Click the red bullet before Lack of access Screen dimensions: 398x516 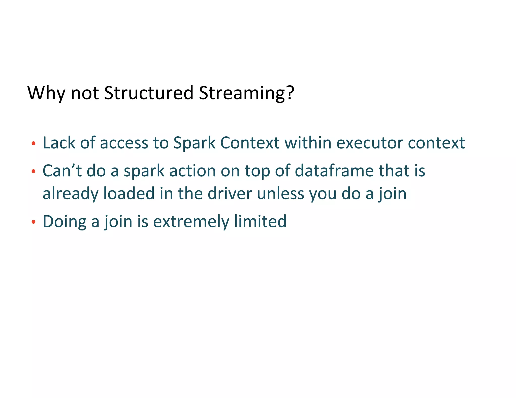tap(33, 144)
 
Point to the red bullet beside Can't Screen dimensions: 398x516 tap(33, 172)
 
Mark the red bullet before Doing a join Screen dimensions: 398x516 tap(33, 222)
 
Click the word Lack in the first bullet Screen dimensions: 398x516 tap(59, 143)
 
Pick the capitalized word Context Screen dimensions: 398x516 tap(250, 143)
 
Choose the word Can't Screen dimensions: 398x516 tap(62, 171)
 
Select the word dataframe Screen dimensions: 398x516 tap(334, 171)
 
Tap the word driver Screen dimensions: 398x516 tap(230, 193)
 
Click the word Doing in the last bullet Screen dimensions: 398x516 tap(64, 222)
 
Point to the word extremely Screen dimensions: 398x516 tap(191, 222)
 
